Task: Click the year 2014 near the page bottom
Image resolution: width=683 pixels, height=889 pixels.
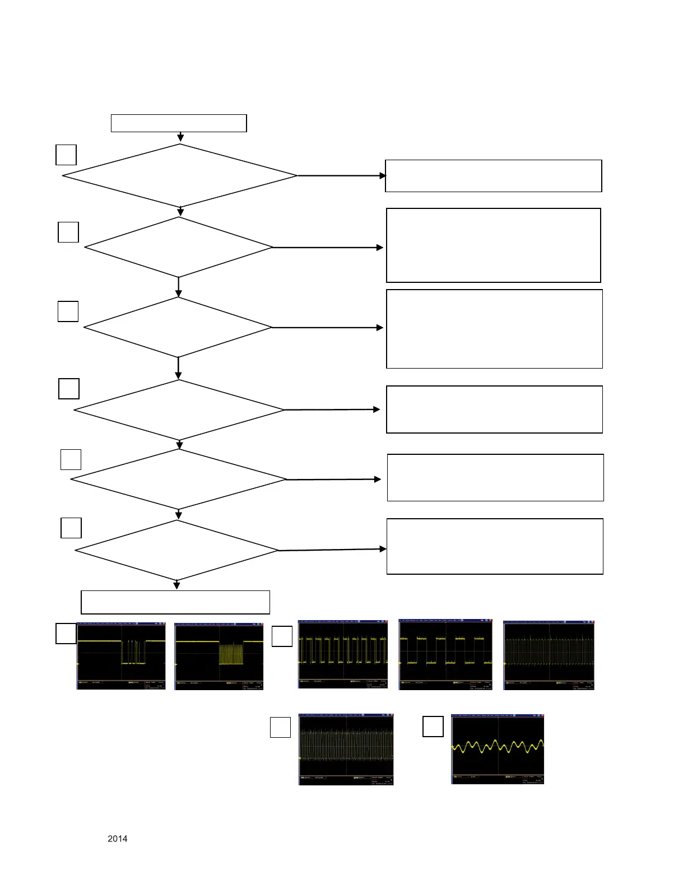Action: coord(117,839)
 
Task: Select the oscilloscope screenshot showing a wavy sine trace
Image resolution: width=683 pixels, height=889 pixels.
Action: coord(498,749)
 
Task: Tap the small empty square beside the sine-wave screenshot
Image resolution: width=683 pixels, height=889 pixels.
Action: coord(433,726)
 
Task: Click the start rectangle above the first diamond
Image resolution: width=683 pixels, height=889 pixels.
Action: coord(179,123)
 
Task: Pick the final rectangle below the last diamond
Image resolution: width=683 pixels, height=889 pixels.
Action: coord(175,602)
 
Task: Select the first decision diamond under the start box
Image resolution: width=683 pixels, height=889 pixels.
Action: coord(179,176)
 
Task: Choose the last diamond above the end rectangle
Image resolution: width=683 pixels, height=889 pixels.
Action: coord(176,551)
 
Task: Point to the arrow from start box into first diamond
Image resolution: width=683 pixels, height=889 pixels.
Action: coord(180,137)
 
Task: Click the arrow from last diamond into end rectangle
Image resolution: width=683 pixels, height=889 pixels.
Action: coord(177,585)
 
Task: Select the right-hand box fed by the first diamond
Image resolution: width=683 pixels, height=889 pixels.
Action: coord(493,176)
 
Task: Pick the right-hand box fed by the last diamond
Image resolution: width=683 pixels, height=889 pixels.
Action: coord(495,546)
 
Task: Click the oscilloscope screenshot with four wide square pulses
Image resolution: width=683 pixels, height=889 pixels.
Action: coord(445,654)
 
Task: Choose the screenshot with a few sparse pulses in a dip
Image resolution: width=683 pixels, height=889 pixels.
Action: coord(121,656)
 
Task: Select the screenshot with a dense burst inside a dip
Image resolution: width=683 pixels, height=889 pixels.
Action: coord(219,656)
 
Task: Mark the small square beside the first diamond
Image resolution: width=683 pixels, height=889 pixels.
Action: coord(66,155)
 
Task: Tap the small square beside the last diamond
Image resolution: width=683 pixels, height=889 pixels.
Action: coord(71,528)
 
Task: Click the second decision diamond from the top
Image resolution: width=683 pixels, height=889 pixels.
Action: coord(178,247)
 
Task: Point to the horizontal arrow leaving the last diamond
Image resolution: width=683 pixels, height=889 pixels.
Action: coord(332,550)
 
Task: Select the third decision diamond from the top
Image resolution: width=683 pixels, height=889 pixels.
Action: coord(178,327)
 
